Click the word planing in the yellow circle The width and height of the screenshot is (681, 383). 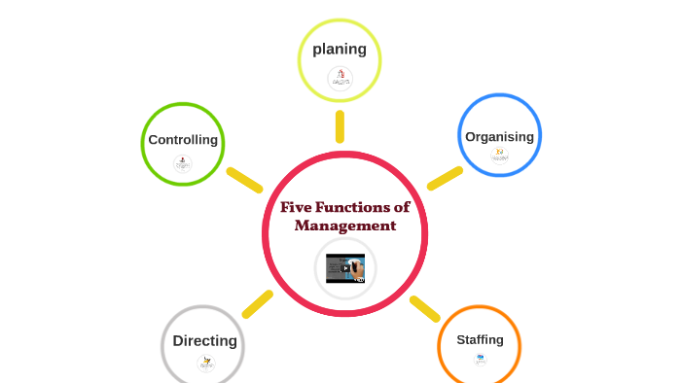point(339,49)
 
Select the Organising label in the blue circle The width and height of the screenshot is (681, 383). point(499,137)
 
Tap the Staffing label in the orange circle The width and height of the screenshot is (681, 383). point(480,340)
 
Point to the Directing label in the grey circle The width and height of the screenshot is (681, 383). point(204,341)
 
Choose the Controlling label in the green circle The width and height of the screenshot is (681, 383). point(183,140)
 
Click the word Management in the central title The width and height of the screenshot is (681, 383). point(345,226)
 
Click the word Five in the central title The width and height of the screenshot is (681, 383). point(297,207)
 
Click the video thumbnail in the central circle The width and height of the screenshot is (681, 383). point(345,267)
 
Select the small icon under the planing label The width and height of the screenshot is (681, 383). point(340,78)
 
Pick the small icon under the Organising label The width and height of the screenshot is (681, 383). point(499,156)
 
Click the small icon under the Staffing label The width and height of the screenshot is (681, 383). point(480,360)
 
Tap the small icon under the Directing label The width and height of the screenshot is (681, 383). point(205,363)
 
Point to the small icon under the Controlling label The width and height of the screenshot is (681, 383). point(183,163)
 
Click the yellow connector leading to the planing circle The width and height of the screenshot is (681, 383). point(340,126)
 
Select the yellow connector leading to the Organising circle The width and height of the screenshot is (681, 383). point(445,178)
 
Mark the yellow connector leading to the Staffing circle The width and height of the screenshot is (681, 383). point(425,308)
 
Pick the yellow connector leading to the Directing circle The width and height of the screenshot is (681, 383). point(258,303)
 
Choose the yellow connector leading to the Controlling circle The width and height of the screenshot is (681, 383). point(244,180)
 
